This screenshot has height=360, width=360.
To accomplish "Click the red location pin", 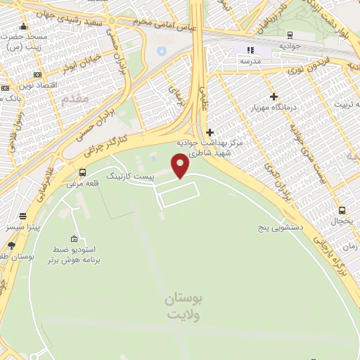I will (181, 167).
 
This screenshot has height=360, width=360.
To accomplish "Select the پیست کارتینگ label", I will (129, 172).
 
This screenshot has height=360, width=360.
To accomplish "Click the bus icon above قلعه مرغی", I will (83, 172).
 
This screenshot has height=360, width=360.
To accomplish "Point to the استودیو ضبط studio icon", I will (75, 238).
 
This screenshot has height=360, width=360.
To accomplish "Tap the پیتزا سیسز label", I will (24, 228).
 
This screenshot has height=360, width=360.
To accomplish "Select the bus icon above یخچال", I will (342, 210).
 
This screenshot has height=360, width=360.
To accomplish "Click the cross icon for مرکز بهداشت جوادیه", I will (210, 132).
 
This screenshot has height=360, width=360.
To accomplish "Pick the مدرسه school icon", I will (249, 50).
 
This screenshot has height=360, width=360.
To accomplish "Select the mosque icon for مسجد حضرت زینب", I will (5, 36).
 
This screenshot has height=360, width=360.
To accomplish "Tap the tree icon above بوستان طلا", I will (11, 246).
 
